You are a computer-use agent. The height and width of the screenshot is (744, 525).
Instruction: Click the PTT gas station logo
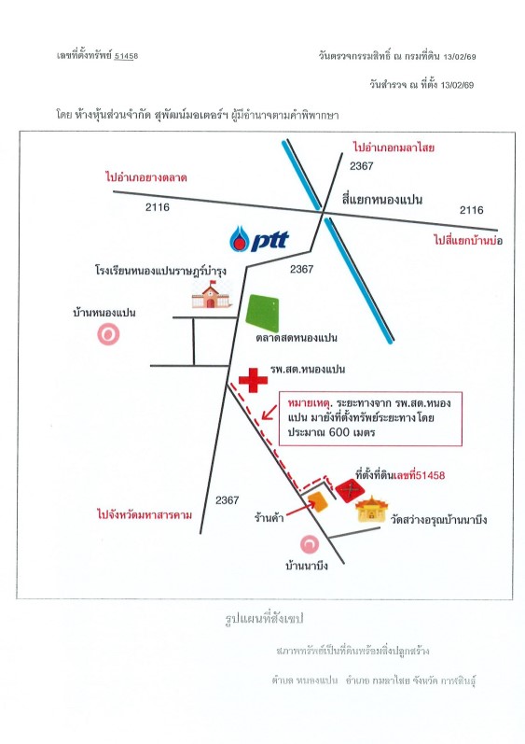coord(258,239)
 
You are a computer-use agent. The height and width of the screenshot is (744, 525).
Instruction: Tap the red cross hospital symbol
coord(253,380)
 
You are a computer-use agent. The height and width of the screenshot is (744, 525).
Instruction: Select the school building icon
coord(211,294)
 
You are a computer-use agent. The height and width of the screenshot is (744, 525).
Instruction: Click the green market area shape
coord(262,313)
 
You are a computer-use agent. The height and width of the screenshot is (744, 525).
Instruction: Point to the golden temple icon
coord(371,509)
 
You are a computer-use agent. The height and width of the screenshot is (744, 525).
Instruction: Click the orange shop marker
coord(317,502)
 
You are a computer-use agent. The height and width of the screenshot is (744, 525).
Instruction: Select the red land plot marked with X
coord(351,491)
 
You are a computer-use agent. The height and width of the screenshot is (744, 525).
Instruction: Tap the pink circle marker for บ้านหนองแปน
coord(108,334)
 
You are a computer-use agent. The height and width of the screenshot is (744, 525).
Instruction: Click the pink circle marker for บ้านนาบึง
coord(310,544)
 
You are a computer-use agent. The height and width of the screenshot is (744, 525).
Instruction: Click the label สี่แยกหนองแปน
coord(382,199)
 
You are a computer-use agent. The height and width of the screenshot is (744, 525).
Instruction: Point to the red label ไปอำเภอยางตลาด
coord(146,177)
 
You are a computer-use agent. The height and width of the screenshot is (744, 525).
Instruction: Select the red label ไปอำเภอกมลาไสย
coord(394,147)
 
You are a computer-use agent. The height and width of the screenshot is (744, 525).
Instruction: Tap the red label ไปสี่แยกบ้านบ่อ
coord(468,240)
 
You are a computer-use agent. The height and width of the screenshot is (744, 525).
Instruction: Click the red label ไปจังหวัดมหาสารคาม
coord(145,514)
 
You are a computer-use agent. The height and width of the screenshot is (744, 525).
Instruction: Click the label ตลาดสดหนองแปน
coord(297,338)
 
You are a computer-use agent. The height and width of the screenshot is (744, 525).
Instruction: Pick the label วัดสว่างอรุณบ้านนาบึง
coord(439,519)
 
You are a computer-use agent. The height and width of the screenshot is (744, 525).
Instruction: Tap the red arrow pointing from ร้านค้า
coord(300,509)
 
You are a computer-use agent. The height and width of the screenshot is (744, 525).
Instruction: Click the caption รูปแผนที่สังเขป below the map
coord(264,619)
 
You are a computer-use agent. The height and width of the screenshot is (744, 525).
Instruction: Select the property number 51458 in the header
coord(126,56)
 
